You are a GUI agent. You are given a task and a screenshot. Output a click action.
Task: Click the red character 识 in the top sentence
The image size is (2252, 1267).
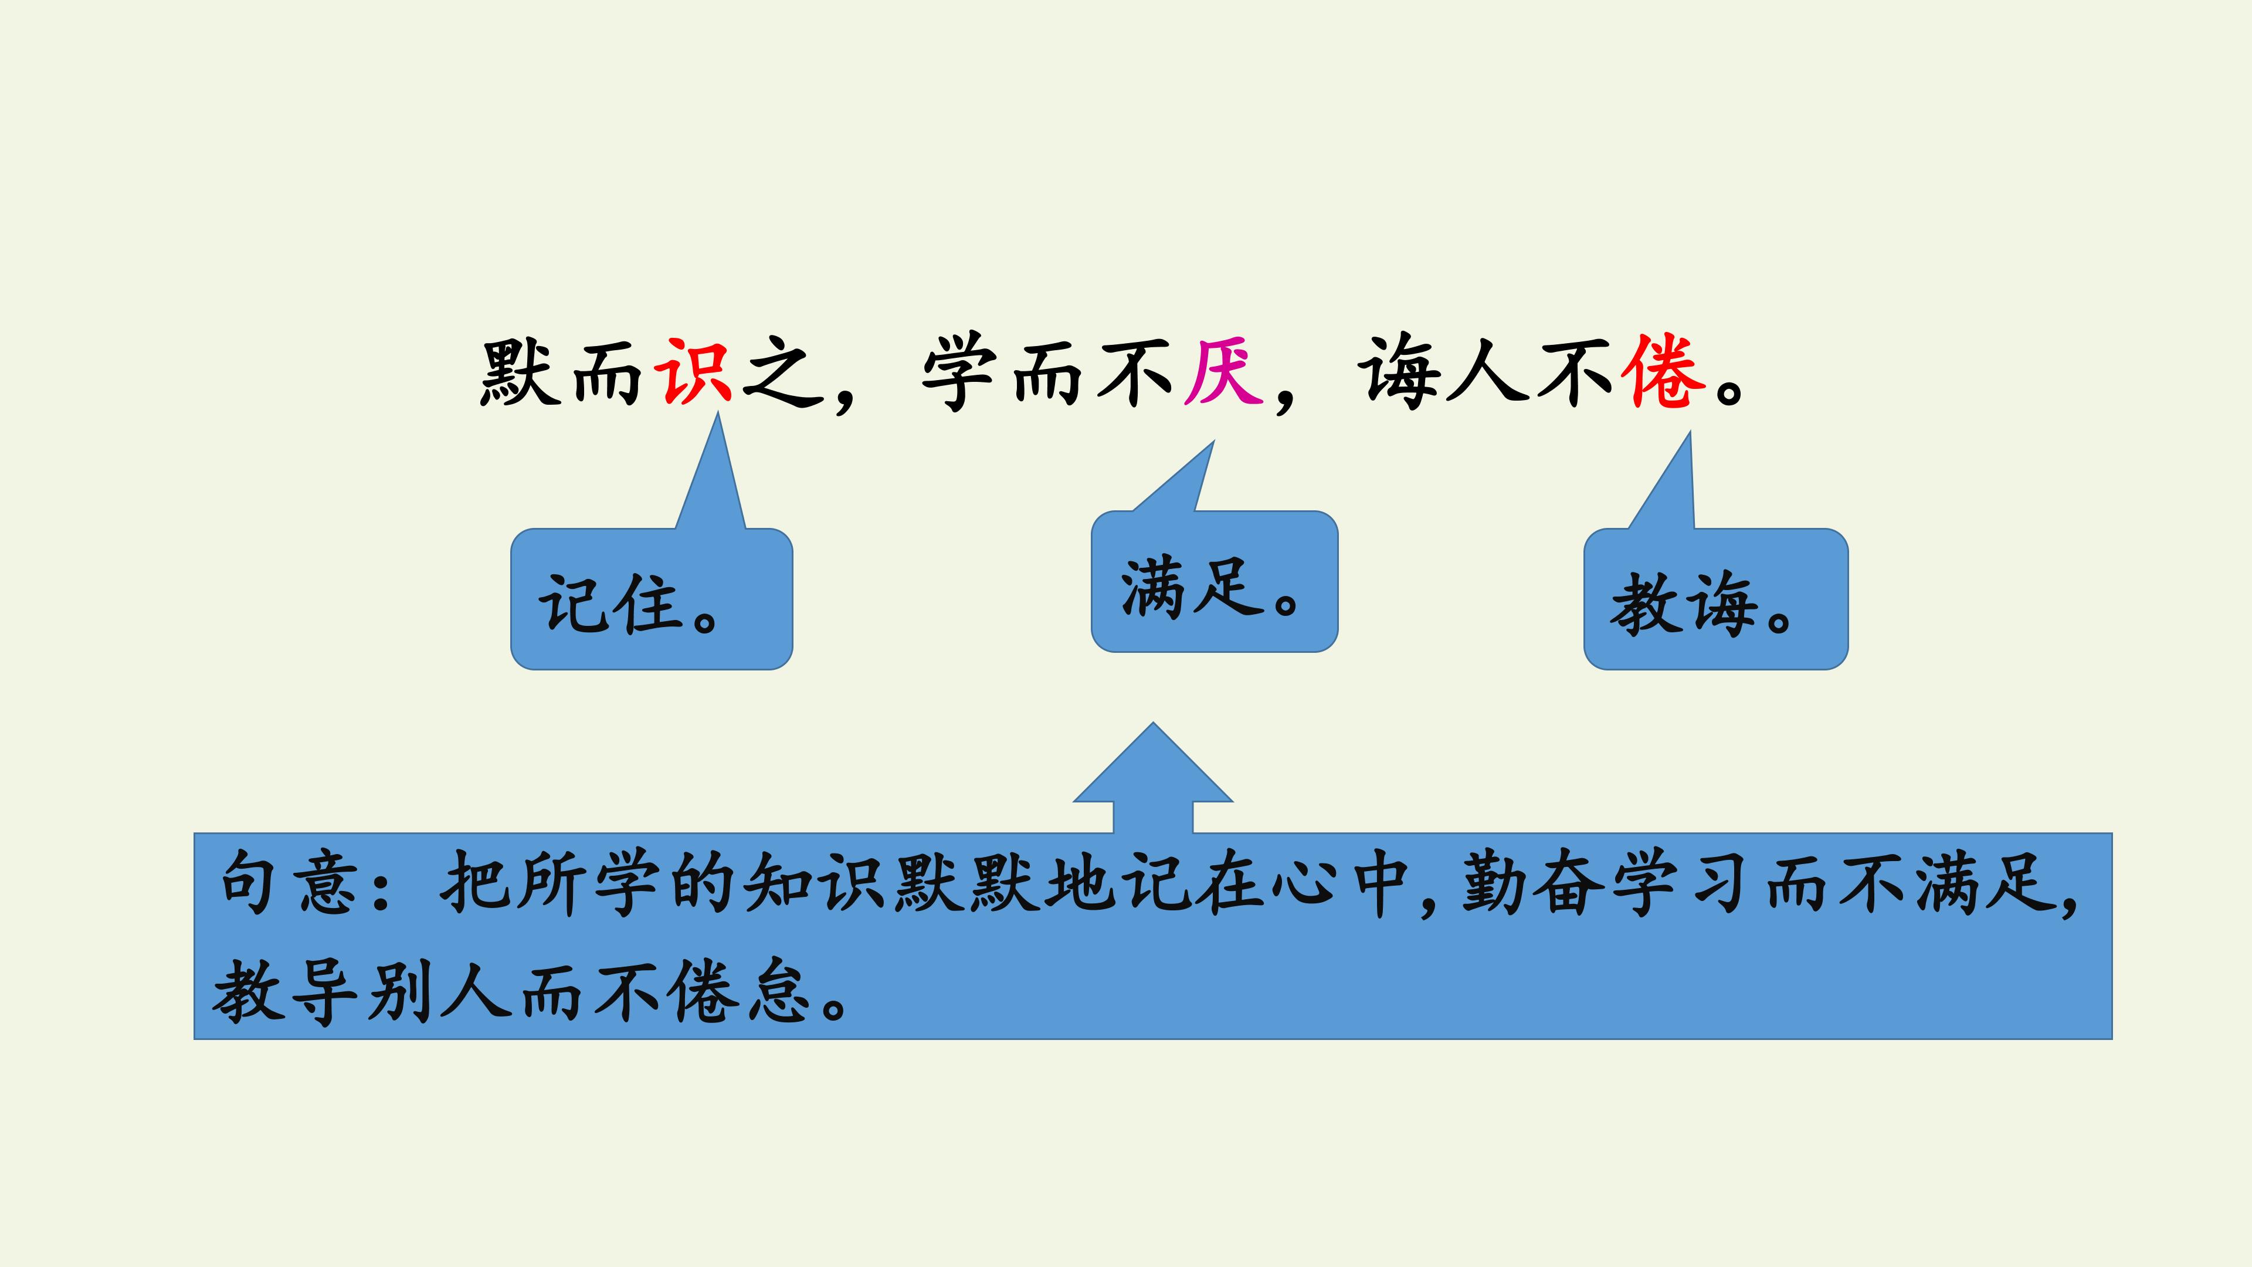coord(695,372)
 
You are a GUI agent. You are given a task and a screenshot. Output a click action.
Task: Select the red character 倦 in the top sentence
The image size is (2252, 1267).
coord(1662,372)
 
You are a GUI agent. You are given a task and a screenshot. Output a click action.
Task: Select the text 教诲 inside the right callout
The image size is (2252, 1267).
coord(1683,604)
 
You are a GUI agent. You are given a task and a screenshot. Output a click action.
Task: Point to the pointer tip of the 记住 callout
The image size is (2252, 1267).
coord(718,413)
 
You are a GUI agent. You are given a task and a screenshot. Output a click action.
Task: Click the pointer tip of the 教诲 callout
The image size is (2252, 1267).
coord(1690,432)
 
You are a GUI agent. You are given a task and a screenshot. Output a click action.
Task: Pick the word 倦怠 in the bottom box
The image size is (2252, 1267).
coord(737,991)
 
